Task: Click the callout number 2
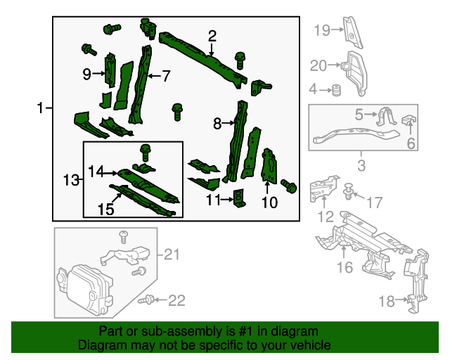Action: pos(212,36)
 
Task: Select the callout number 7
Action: pos(166,76)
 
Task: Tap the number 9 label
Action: pos(87,74)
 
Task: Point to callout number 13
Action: pos(71,181)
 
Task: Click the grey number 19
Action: pos(321,30)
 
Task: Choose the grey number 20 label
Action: pos(319,66)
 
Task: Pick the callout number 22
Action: pos(176,301)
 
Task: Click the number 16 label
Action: pos(344,267)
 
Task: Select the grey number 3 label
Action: pos(361,166)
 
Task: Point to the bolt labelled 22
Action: pos(148,300)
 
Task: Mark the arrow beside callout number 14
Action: pos(113,172)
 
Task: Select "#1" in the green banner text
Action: pos(236,331)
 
